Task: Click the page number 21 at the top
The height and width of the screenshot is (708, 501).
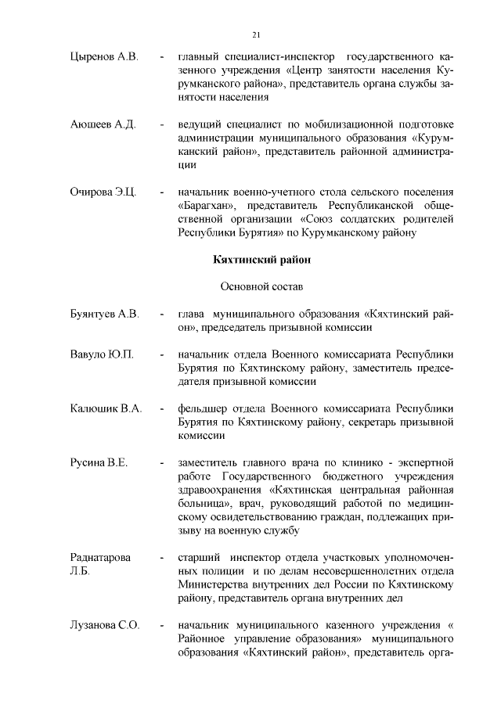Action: tap(256, 34)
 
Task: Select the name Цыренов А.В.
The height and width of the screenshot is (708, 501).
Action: tap(103, 58)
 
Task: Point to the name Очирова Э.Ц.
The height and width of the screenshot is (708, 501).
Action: tap(103, 192)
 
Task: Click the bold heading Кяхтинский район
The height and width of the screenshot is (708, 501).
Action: tap(259, 259)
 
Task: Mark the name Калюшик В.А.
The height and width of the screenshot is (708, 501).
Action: tap(106, 408)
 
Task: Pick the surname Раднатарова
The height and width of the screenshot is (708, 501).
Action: tap(101, 558)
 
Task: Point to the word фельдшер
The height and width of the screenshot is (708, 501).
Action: tap(203, 408)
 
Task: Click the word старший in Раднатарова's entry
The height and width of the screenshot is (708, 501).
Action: tap(198, 559)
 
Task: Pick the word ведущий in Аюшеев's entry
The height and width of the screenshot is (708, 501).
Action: tap(199, 125)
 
